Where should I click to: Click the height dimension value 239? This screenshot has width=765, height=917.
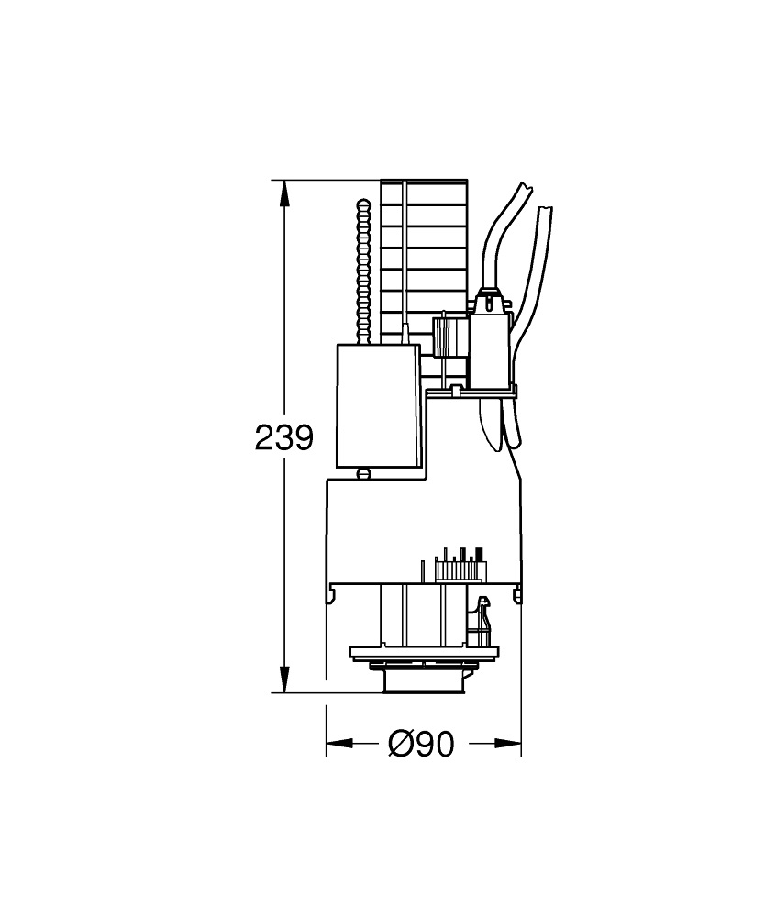pos(283,438)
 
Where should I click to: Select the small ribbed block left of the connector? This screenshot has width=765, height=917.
pos(445,337)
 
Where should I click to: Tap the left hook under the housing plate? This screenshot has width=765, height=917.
pos(330,596)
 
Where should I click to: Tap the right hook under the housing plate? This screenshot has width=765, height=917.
pos(517,596)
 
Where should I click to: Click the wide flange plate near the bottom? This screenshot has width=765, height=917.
pos(424,653)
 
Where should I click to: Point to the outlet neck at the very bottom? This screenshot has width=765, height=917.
pos(423,681)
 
